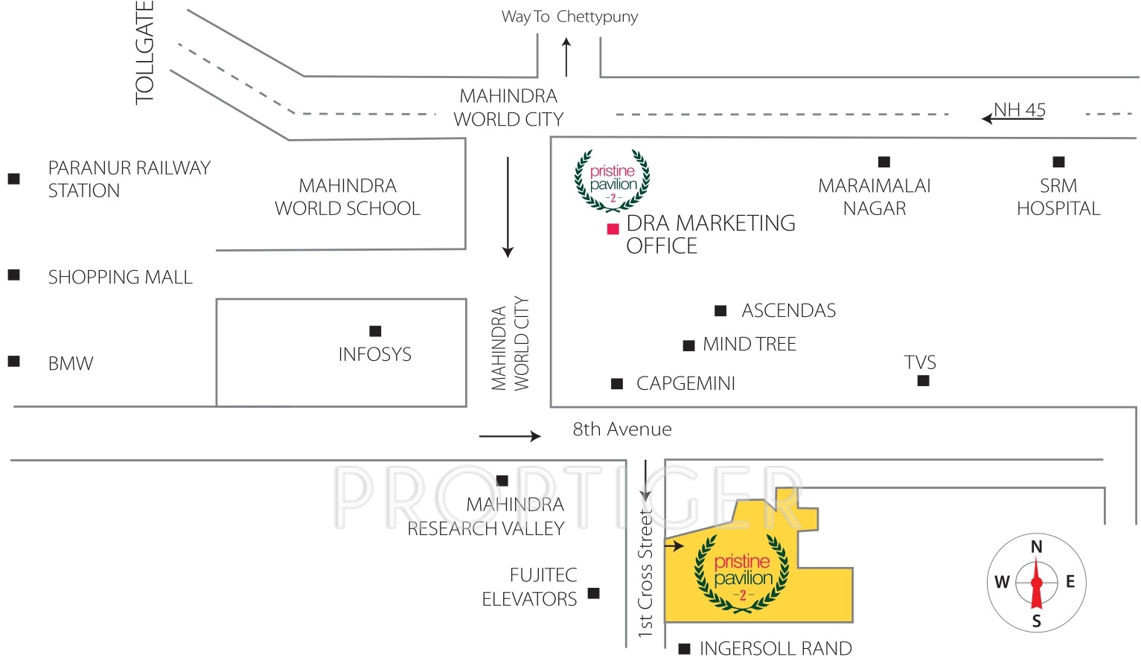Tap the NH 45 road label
coord(1019,110)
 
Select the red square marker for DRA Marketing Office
coord(613,228)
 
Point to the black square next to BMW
coord(13,362)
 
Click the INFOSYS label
coord(374,354)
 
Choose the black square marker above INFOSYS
coord(375,331)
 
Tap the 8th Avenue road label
coord(621,429)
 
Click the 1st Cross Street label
coord(645,573)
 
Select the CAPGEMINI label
coord(685,383)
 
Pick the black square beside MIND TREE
coord(688,345)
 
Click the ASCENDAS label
coord(788,310)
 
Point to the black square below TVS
coord(923,381)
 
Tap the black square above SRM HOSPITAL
coord(1058,161)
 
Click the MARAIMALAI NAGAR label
coord(874,197)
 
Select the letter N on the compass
coord(1036,547)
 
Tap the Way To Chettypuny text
coord(569,16)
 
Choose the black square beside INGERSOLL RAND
coord(685,649)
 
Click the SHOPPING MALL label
coord(120,278)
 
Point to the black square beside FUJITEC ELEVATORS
coord(593,593)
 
